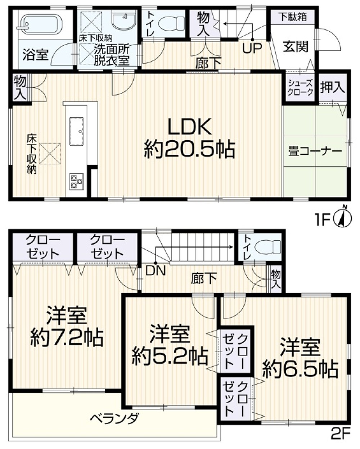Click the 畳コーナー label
click(315, 151)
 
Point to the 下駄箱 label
click(293, 17)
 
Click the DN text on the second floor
click(155, 271)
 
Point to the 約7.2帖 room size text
click(67, 337)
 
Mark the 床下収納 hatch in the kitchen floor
click(50, 153)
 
